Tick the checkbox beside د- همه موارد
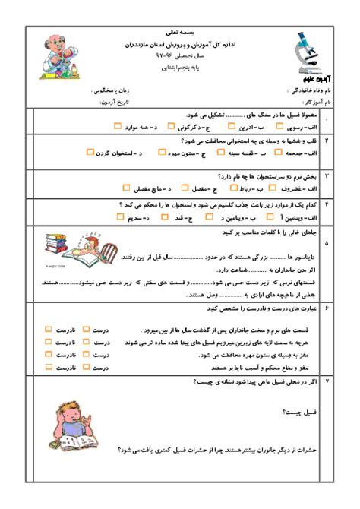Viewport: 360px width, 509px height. (x=117, y=126)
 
